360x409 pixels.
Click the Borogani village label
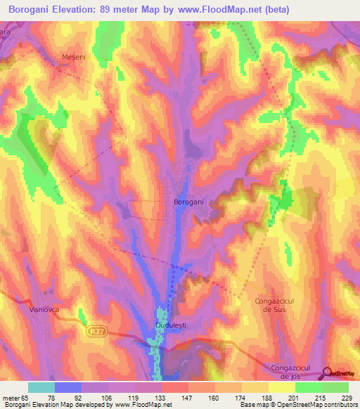click(x=188, y=202)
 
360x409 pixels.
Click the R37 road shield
click(x=98, y=330)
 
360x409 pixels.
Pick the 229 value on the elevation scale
click(x=345, y=398)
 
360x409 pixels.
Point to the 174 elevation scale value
click(x=240, y=398)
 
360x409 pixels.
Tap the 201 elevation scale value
click(x=292, y=398)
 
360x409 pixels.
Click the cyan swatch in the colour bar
click(x=41, y=387)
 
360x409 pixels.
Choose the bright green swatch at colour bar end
click(x=335, y=387)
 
